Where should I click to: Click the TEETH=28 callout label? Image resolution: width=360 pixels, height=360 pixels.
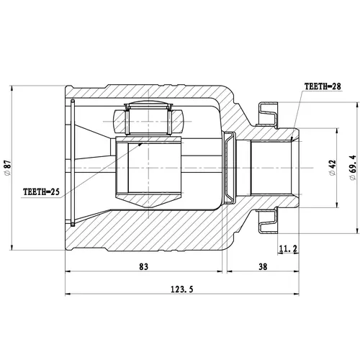(x=323, y=86)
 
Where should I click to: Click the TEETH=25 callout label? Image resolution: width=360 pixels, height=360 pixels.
(x=41, y=192)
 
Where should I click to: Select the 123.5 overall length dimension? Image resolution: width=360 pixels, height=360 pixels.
(x=181, y=289)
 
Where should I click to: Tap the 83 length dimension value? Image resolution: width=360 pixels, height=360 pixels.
(x=143, y=266)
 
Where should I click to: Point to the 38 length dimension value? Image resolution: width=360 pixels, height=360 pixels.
(x=263, y=266)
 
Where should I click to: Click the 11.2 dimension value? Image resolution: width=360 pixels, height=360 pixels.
(x=288, y=249)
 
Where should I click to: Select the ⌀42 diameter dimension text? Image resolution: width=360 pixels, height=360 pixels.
(x=333, y=168)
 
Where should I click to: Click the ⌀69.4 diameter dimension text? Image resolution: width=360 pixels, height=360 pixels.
(x=353, y=168)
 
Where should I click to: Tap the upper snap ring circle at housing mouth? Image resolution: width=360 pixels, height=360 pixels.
(x=73, y=101)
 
